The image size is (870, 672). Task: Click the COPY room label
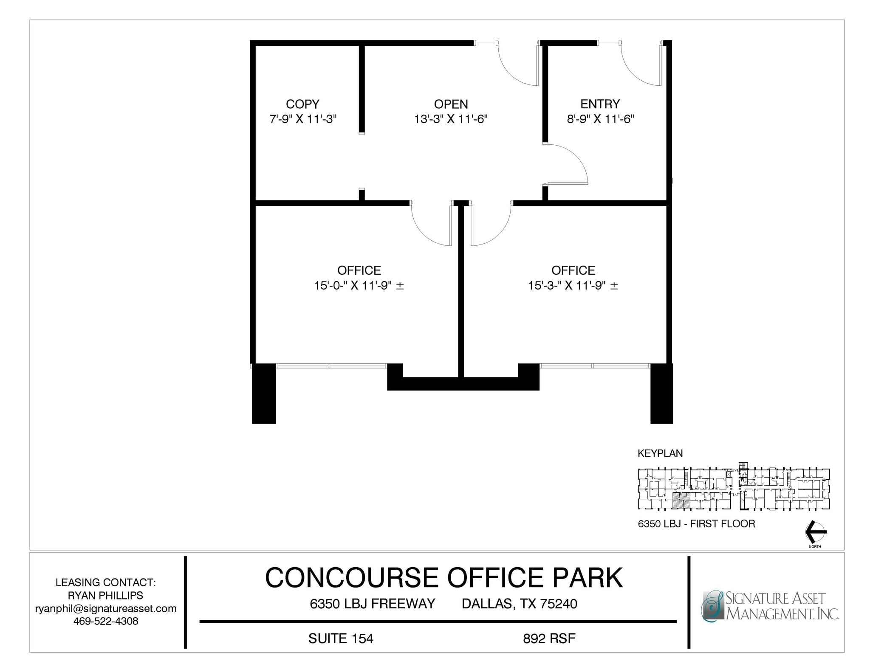(x=302, y=104)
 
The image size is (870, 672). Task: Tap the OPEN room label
(x=451, y=104)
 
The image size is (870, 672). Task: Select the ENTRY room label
(x=600, y=104)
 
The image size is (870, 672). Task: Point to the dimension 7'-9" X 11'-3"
(x=303, y=119)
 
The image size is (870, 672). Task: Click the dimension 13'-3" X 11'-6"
(x=451, y=119)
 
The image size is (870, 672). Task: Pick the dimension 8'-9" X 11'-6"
(x=600, y=119)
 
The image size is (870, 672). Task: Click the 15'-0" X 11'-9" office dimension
(x=359, y=286)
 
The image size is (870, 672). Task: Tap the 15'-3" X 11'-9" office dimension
(x=573, y=286)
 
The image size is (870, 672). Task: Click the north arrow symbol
(x=816, y=531)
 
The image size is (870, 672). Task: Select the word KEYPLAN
(x=660, y=453)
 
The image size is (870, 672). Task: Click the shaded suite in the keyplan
(x=681, y=501)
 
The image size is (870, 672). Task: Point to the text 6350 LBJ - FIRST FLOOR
(x=696, y=524)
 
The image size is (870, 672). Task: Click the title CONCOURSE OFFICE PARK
(x=443, y=577)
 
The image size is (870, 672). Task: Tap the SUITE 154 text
(x=341, y=638)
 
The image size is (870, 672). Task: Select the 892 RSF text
(x=549, y=638)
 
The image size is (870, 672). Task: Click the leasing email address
(x=106, y=608)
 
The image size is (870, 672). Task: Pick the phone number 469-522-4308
(x=106, y=621)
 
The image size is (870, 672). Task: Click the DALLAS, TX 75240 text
(x=519, y=604)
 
